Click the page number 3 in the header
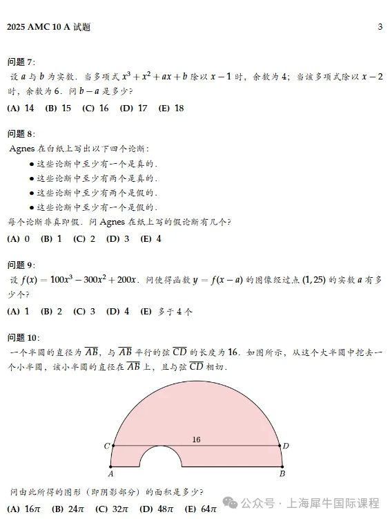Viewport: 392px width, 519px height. [380, 27]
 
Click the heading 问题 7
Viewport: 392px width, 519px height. [21, 62]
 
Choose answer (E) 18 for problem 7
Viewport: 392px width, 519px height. [170, 108]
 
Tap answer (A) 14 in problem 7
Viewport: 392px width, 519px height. [21, 108]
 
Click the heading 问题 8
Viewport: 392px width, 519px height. [21, 133]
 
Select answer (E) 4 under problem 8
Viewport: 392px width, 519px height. [150, 239]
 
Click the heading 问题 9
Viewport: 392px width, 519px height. [21, 265]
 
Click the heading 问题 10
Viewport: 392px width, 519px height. [23, 337]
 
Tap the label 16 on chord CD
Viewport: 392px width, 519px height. [196, 440]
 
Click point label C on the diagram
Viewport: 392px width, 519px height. [106, 446]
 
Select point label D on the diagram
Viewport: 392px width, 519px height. [286, 446]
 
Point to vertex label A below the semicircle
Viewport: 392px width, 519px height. [111, 475]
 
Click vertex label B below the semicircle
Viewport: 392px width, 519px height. [282, 475]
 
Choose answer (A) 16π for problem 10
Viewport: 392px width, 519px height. [23, 509]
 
